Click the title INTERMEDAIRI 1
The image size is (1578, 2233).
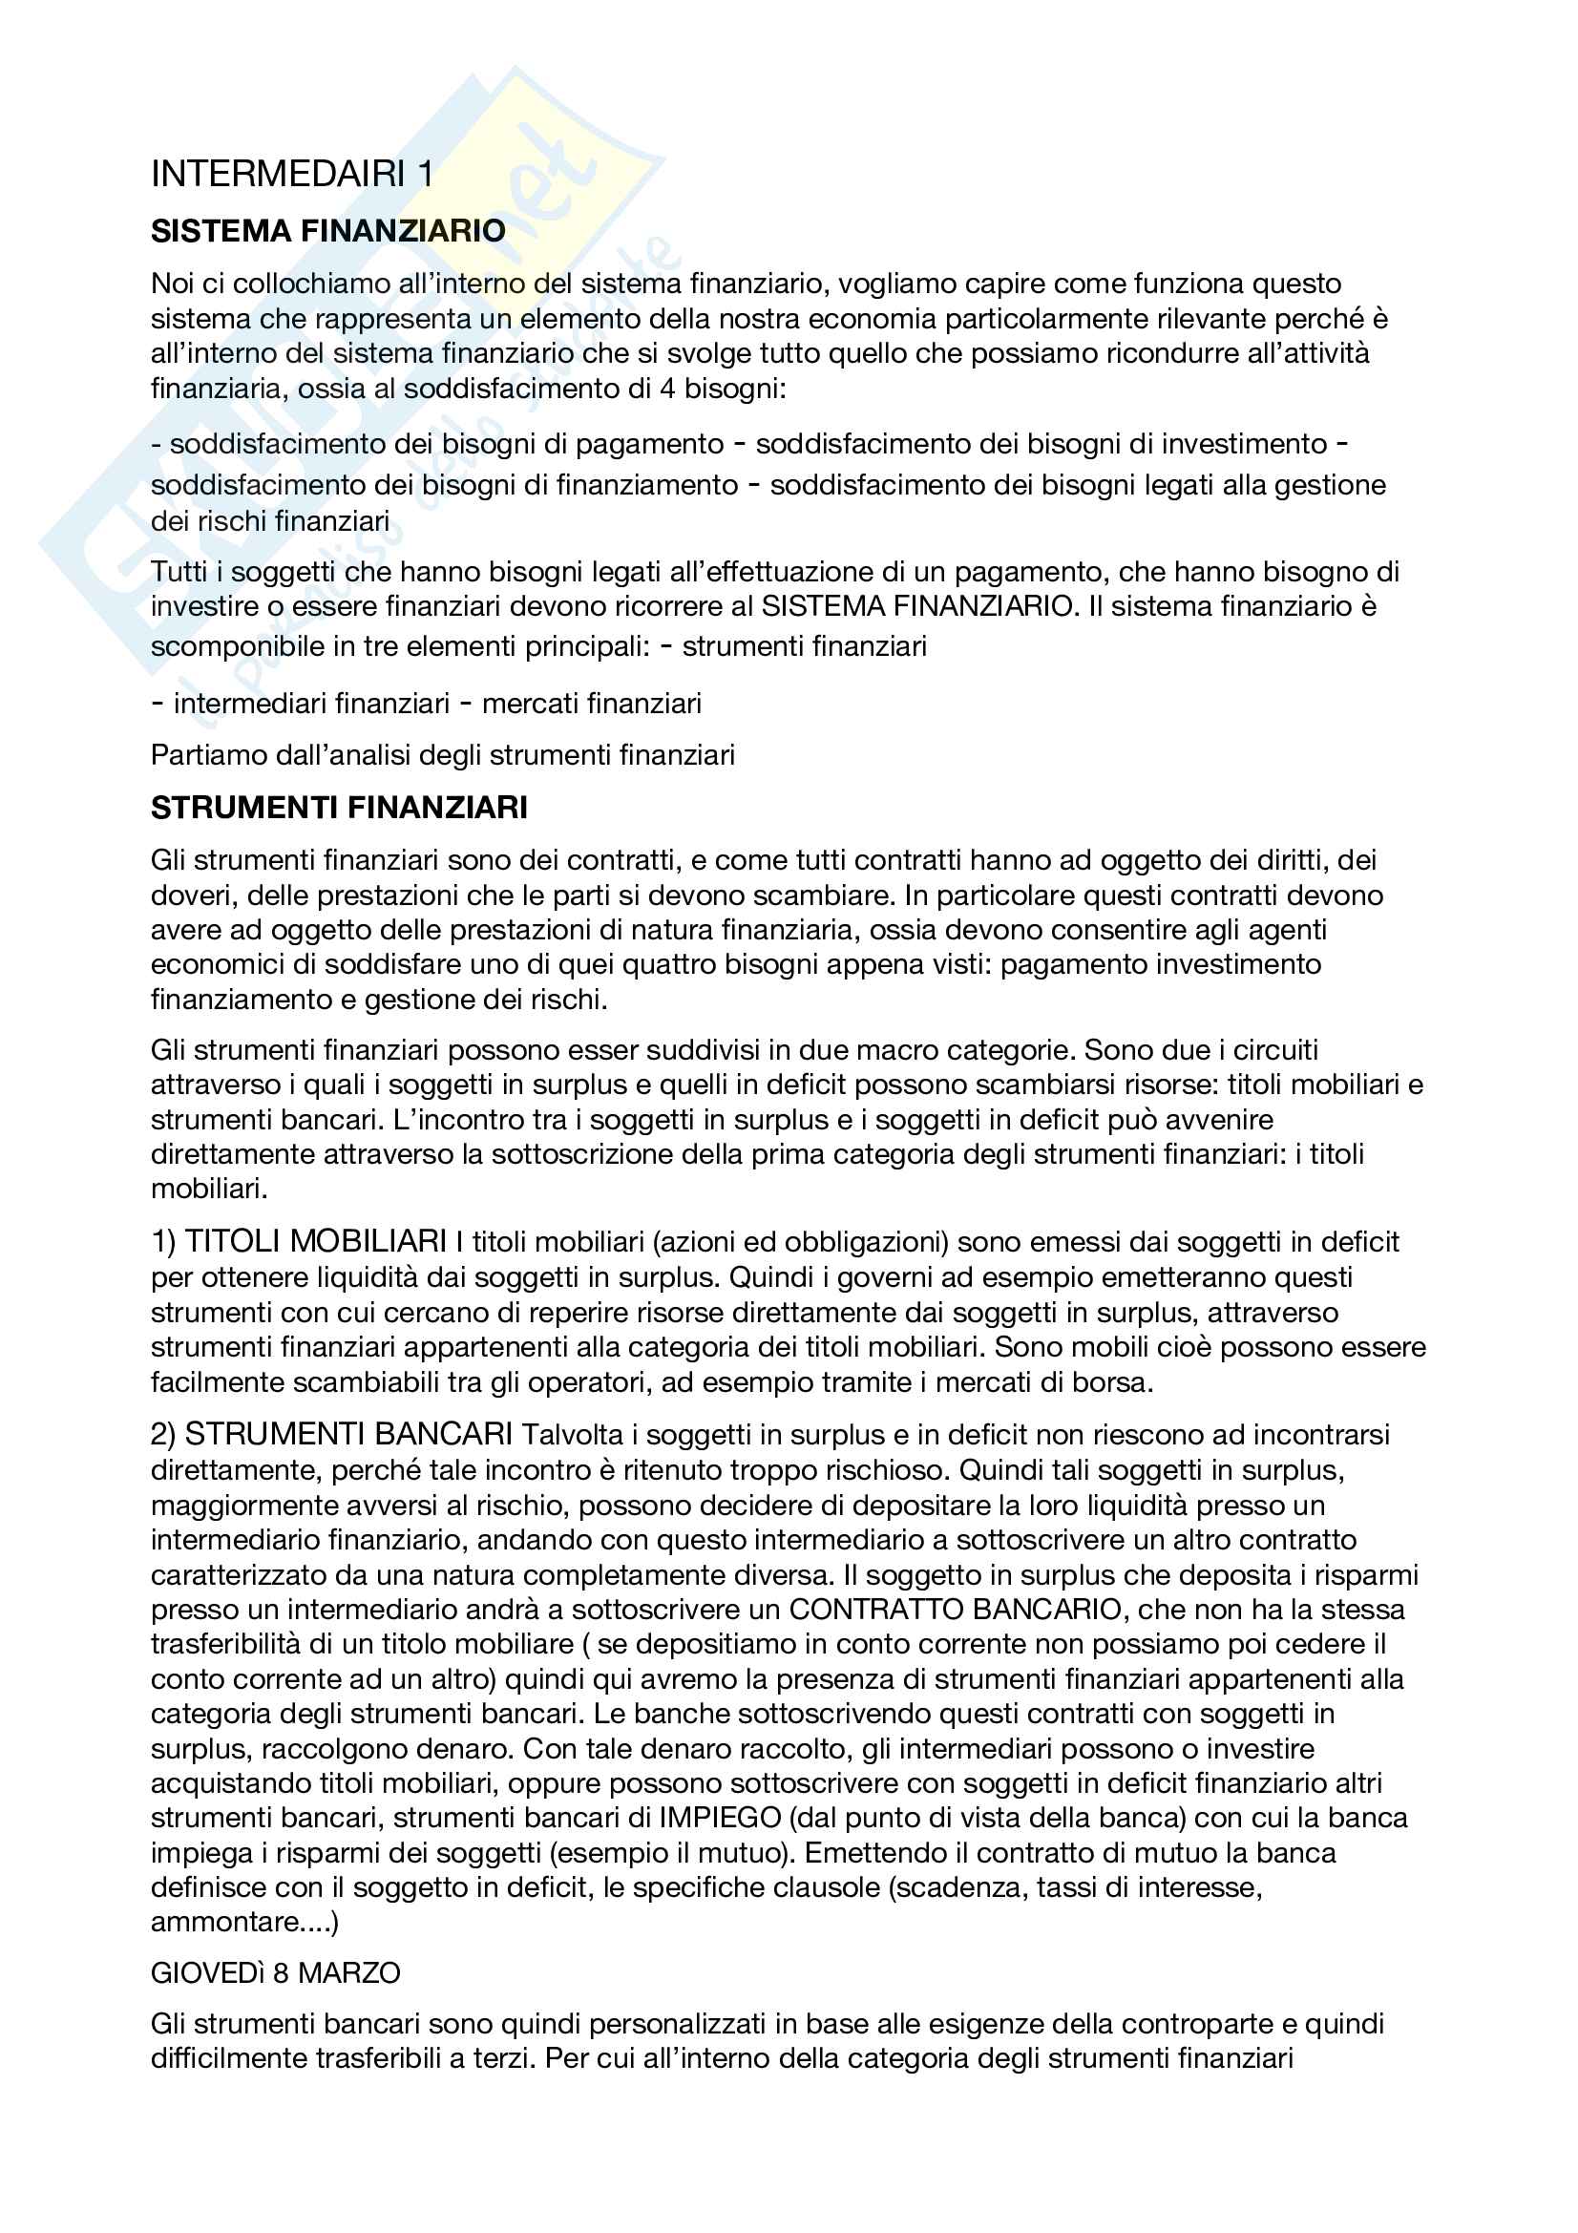[293, 175]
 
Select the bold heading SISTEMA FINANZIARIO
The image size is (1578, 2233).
[327, 231]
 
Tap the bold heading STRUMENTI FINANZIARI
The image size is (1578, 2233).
[338, 808]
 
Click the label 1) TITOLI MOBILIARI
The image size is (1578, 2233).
[299, 1242]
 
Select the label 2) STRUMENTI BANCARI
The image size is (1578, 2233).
[331, 1435]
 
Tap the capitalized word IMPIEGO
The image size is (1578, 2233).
[720, 1819]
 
